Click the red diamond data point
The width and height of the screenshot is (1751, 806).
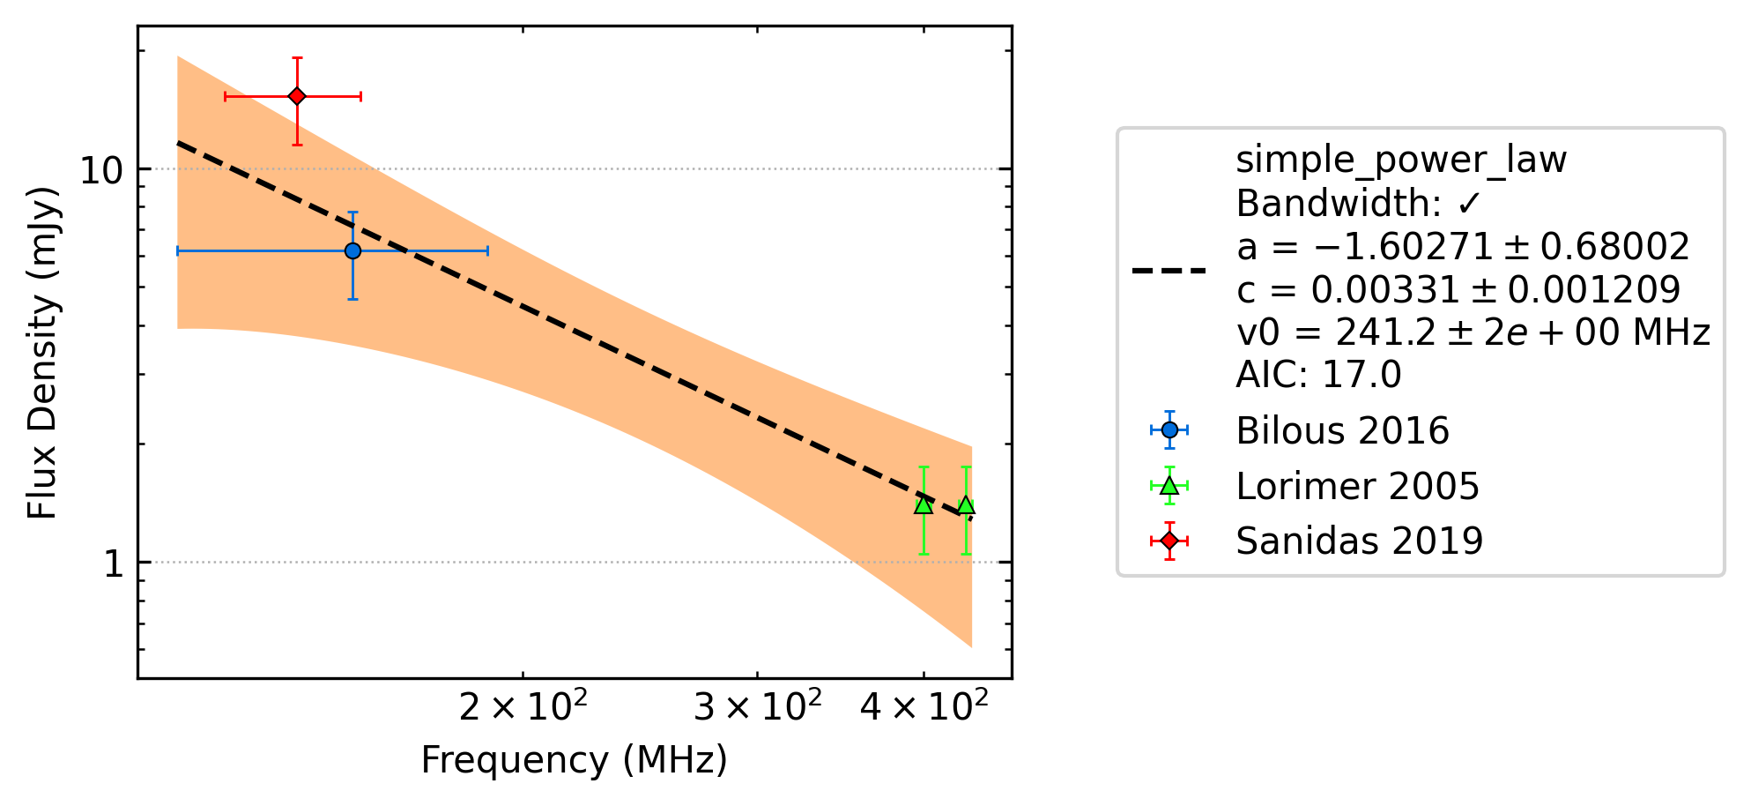[x=297, y=95]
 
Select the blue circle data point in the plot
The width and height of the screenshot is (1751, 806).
[x=352, y=250]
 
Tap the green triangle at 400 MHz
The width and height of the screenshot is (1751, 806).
[x=923, y=504]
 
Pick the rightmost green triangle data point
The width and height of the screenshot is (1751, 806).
[x=966, y=504]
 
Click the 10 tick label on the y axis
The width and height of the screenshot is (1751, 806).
[x=101, y=169]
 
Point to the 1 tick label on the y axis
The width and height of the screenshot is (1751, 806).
[x=114, y=563]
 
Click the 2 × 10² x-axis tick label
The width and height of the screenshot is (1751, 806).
[x=523, y=705]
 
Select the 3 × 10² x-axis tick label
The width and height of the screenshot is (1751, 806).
[x=757, y=705]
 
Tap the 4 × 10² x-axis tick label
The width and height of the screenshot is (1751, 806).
[x=924, y=705]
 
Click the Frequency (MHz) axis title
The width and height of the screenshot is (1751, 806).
[x=575, y=760]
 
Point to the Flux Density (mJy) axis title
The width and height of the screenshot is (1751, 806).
[x=42, y=353]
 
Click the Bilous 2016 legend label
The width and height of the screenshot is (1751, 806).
[x=1342, y=430]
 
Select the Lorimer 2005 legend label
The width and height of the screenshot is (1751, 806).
[x=1357, y=486]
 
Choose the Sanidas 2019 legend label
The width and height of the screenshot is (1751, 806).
[x=1360, y=541]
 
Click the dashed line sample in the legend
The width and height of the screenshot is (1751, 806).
[x=1169, y=270]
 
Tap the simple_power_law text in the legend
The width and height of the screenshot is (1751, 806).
[x=1401, y=160]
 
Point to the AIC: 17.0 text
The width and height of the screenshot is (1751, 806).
[x=1318, y=375]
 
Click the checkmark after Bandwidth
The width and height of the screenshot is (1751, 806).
[x=1469, y=205]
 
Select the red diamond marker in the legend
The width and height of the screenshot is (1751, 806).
[x=1169, y=541]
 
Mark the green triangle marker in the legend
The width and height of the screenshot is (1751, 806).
[x=1169, y=486]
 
